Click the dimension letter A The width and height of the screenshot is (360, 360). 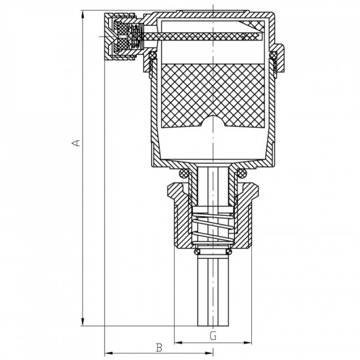point(77,143)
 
